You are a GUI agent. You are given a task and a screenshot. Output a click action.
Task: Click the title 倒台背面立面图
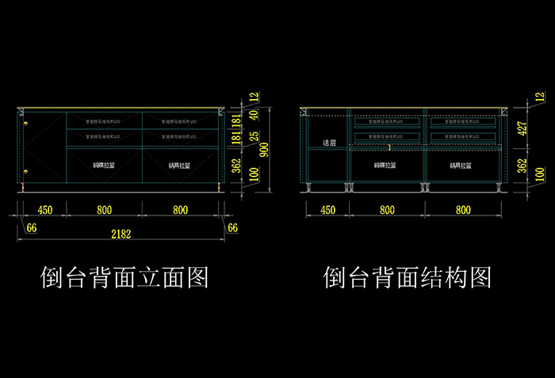tap(124, 277)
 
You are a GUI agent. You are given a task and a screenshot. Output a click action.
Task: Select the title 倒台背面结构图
tap(408, 277)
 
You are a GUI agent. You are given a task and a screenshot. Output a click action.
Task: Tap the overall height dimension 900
tap(265, 147)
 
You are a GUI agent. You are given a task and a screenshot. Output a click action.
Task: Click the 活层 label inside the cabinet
tap(330, 143)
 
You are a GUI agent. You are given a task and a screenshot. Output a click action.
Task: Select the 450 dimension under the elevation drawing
tap(44, 210)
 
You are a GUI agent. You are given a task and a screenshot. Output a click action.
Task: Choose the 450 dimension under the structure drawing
tap(327, 210)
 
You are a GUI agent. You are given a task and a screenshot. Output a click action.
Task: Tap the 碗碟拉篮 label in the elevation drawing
tap(104, 166)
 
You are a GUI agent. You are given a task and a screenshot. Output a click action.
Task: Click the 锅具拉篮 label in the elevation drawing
tap(179, 166)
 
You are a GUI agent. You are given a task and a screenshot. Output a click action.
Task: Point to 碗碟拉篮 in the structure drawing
tap(386, 166)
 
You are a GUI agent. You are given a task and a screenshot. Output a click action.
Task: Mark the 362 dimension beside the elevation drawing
tap(235, 165)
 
